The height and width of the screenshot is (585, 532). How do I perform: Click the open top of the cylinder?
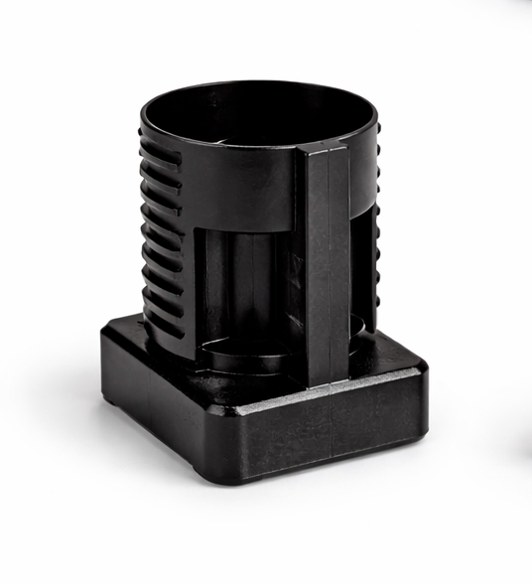260,114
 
